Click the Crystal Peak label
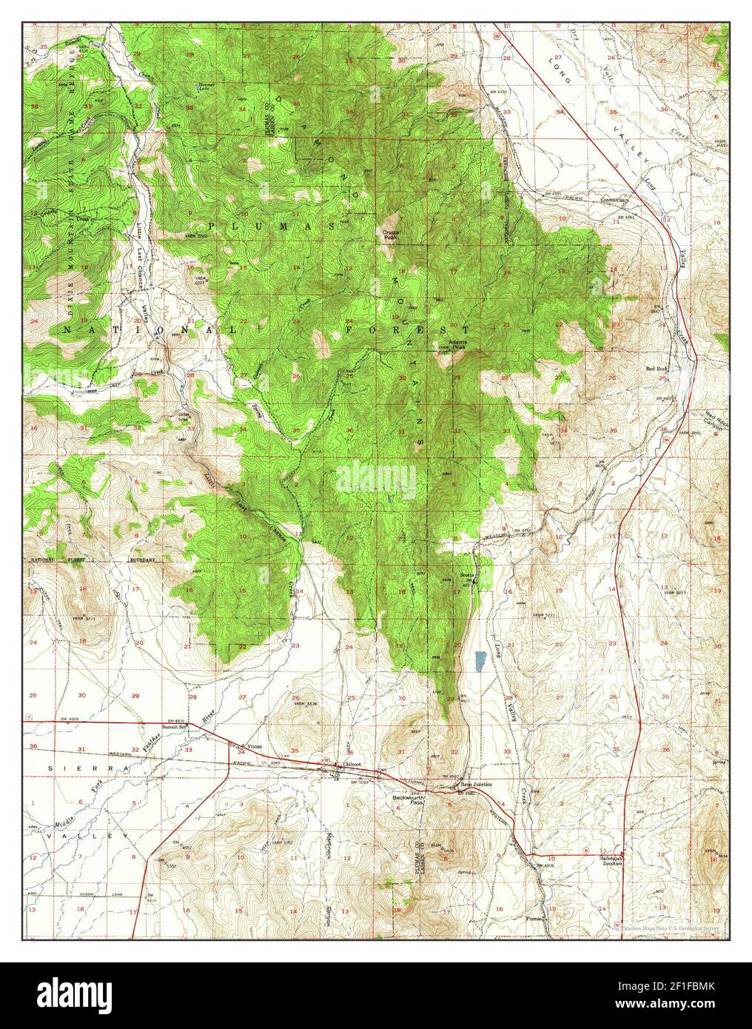pyautogui.click(x=390, y=236)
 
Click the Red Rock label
pyautogui.click(x=657, y=368)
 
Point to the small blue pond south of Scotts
pyautogui.click(x=480, y=657)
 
